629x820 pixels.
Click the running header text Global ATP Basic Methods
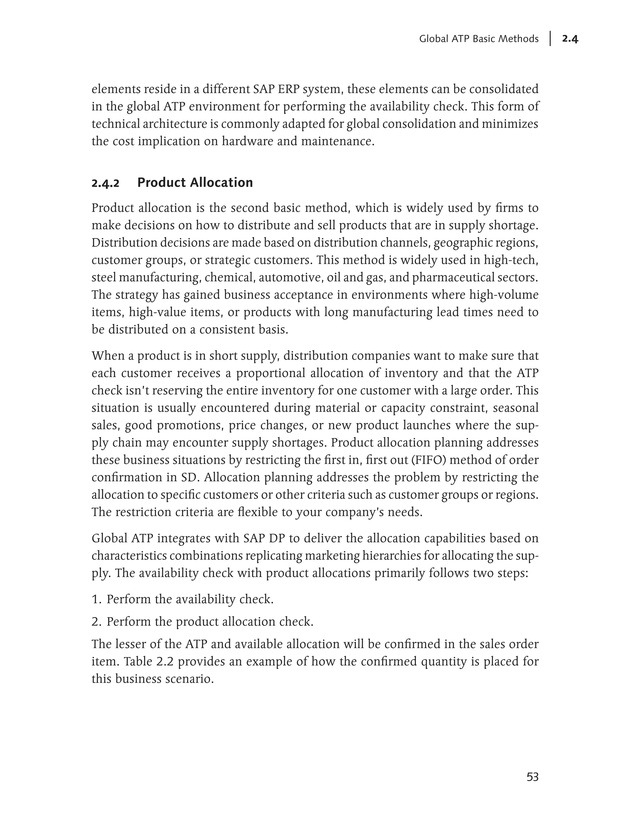(479, 39)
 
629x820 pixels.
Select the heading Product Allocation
(195, 183)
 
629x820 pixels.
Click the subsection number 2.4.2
(106, 183)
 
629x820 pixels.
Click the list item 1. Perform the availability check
(183, 599)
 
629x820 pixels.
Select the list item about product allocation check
(202, 622)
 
